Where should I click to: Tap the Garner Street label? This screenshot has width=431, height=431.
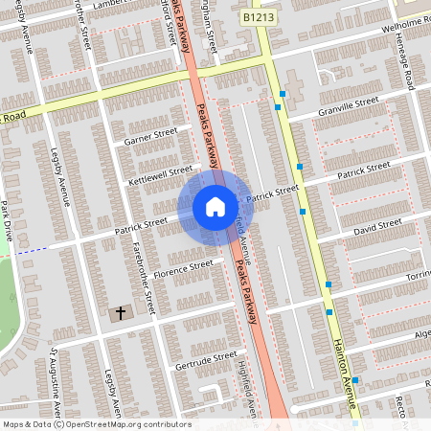tap(151, 135)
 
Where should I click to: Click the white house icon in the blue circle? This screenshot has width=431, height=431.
tap(215, 207)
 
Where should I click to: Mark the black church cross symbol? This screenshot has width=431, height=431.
tap(121, 312)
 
